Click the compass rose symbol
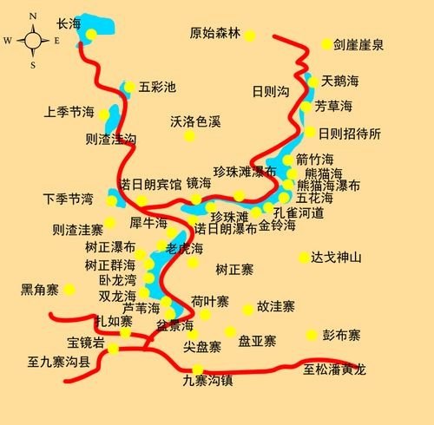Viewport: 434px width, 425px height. coord(33,40)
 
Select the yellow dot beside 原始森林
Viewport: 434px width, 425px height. coord(250,36)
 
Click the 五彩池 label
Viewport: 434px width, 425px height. coord(157,87)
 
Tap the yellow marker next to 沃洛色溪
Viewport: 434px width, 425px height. coord(190,135)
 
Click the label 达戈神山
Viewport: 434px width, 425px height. coord(336,258)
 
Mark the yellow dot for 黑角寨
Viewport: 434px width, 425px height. coord(69,289)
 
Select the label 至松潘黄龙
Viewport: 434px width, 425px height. coord(335,370)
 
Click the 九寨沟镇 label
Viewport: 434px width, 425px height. coord(207,379)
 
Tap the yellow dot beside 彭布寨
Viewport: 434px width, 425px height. coord(312,335)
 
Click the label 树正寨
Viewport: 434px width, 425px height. coord(234,270)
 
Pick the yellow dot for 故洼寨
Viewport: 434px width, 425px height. coord(248,308)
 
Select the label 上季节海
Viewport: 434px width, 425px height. coord(69,113)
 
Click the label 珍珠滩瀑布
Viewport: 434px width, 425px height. coord(246,171)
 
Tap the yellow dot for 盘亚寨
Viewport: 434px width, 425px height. coord(230,330)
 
